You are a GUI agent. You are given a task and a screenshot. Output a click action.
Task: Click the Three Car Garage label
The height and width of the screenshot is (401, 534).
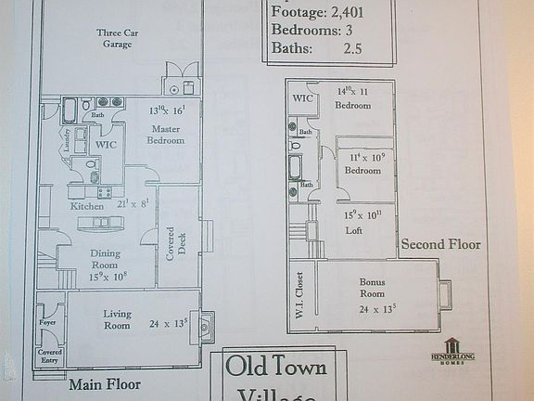(117, 37)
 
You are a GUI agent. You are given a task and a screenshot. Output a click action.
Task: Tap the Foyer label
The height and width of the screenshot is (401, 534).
(48, 323)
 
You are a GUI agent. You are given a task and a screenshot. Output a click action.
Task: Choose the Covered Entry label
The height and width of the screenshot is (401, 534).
(49, 357)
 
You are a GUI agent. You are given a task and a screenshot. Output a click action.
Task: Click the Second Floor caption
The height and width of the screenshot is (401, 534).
(440, 245)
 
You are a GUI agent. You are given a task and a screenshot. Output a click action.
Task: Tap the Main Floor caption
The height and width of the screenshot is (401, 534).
(103, 382)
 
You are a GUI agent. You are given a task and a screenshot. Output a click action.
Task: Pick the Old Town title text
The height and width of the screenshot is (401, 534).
(277, 367)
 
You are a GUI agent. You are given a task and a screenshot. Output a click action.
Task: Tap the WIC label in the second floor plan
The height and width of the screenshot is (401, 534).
(303, 98)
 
